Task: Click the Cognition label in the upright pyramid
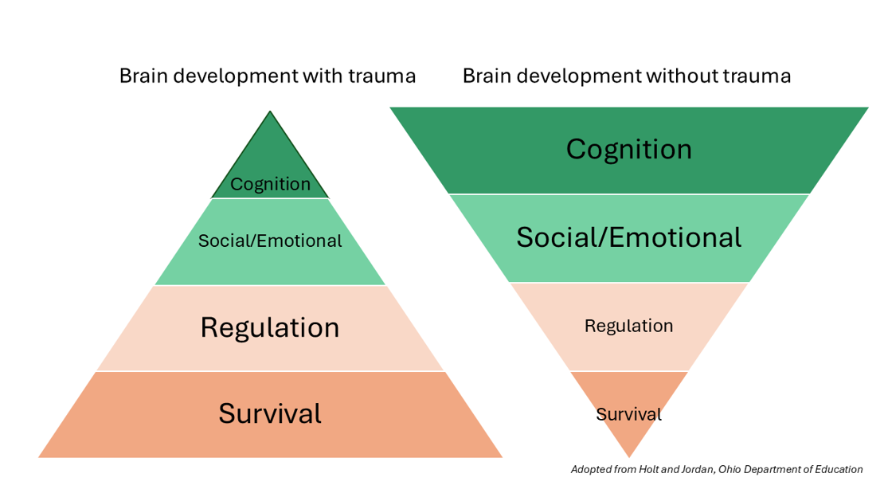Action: tap(270, 185)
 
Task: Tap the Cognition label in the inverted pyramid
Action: tap(628, 150)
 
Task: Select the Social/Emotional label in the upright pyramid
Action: tap(270, 241)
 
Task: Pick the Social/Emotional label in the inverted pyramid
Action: tap(628, 237)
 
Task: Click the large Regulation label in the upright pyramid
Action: tap(270, 328)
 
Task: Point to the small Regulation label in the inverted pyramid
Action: tap(628, 326)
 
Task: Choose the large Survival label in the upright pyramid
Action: tap(270, 413)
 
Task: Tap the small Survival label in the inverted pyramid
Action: tap(628, 414)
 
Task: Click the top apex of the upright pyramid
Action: tap(270, 113)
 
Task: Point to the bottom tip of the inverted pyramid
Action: tap(629, 456)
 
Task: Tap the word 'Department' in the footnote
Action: tap(773, 470)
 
